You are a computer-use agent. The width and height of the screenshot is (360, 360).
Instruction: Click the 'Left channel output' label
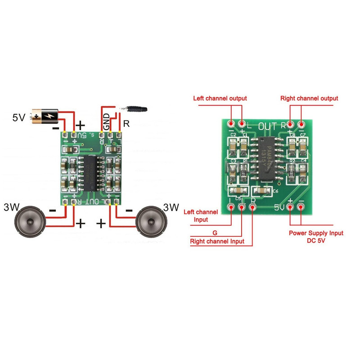[x=220, y=98]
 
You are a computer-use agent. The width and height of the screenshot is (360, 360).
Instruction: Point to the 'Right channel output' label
[x=309, y=98]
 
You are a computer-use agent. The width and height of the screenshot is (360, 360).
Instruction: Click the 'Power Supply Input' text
[x=316, y=233]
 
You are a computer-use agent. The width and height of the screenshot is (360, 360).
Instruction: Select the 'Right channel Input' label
[x=217, y=242]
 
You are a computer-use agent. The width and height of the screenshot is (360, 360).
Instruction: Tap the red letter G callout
[x=215, y=233]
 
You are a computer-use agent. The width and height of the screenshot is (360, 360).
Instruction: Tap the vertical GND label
[x=106, y=121]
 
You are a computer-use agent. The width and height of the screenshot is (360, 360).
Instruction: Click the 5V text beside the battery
[x=19, y=118]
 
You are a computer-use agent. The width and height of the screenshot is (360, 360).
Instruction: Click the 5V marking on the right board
[x=279, y=208]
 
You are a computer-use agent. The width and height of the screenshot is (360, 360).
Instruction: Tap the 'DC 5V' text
[x=316, y=241]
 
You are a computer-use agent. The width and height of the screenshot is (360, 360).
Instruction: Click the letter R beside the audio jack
[x=126, y=123]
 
